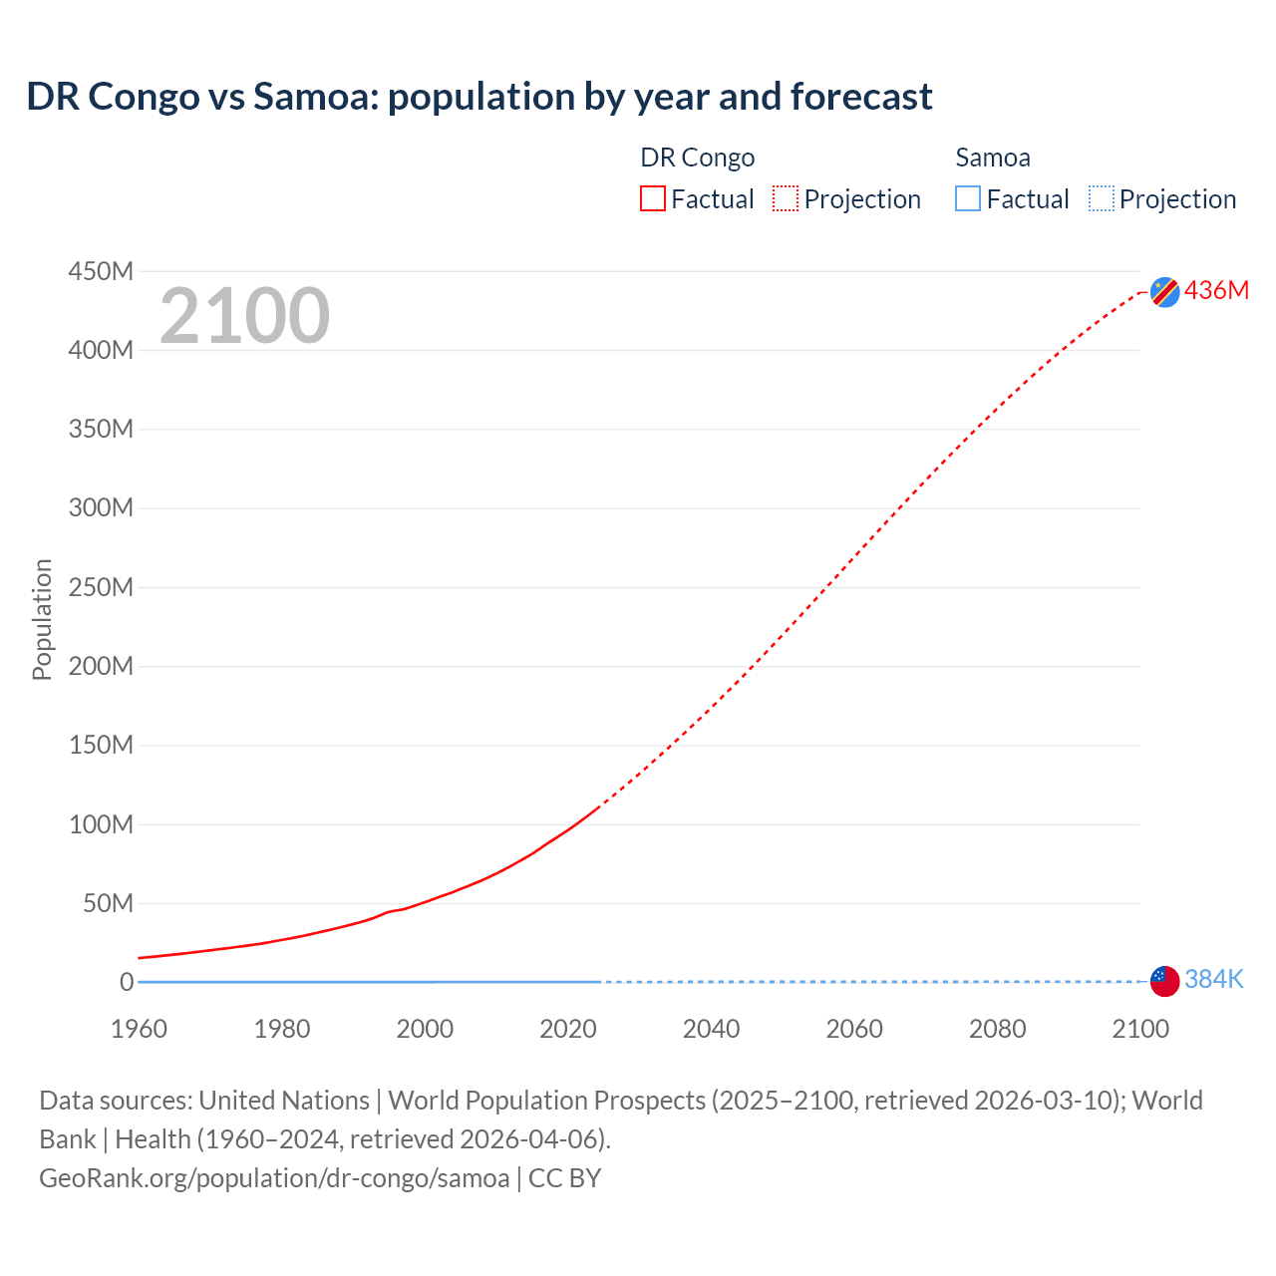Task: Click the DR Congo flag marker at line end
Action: tap(1164, 291)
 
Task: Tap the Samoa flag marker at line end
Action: tap(1164, 981)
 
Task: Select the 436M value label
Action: tap(1216, 290)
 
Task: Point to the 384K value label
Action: tap(1214, 980)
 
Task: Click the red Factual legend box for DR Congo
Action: tap(653, 199)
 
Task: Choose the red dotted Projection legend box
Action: tap(786, 199)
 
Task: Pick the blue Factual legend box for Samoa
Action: tap(968, 199)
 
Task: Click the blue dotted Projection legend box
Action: tap(1102, 199)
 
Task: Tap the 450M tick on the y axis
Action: tap(101, 271)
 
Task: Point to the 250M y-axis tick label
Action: tap(101, 587)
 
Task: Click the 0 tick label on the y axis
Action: tap(127, 982)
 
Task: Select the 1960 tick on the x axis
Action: tap(139, 1029)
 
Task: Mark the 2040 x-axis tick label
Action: tap(711, 1029)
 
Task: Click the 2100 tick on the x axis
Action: tap(1140, 1029)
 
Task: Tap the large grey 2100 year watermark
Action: tap(244, 316)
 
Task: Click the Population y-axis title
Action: tap(42, 619)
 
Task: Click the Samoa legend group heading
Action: tap(993, 158)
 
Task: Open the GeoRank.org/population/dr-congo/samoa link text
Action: tap(274, 1177)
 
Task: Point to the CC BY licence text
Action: tap(565, 1177)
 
